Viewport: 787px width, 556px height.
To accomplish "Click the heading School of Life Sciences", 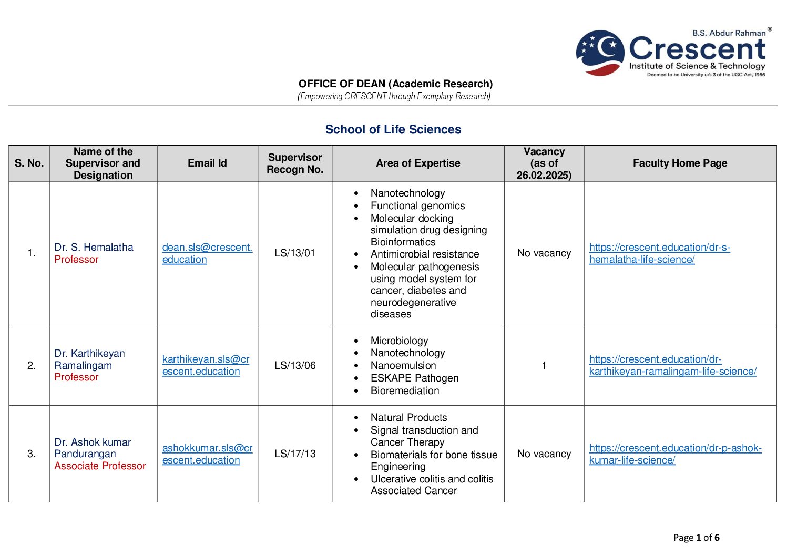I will click(393, 129).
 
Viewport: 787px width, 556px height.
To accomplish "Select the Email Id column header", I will click(207, 163).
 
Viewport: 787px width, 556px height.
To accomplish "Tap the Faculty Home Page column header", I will click(680, 163).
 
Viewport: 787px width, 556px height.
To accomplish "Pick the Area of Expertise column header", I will click(418, 163).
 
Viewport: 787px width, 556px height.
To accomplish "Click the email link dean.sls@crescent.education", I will click(207, 253).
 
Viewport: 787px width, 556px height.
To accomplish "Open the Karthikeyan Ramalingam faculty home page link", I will click(672, 365).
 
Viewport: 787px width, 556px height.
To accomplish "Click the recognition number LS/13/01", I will click(294, 253).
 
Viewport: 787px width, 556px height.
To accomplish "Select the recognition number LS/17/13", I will click(295, 454).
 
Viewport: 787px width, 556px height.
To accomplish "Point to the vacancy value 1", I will click(544, 365).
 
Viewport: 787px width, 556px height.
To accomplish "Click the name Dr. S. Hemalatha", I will click(94, 247).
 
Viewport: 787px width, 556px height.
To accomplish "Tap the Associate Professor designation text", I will click(100, 466).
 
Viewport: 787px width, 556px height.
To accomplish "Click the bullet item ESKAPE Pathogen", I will click(414, 378).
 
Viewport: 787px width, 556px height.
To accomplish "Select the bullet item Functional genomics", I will click(417, 205).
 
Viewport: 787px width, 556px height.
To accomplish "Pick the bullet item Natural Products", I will click(408, 417).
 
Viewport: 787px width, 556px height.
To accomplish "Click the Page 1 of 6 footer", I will click(696, 537).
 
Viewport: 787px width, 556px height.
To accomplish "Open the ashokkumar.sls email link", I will click(207, 454).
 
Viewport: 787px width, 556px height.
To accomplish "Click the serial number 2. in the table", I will click(32, 365).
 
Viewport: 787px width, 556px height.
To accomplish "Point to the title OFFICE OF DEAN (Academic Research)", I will click(395, 84).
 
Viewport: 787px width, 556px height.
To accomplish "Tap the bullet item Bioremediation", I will click(404, 390).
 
